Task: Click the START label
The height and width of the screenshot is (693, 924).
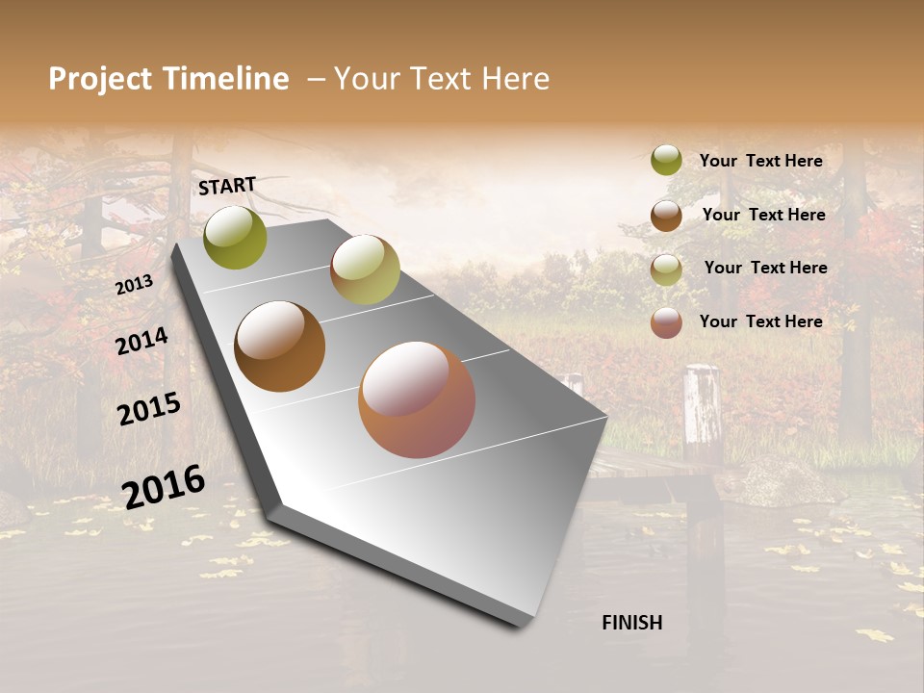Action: (227, 186)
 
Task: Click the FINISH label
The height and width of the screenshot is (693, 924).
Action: (631, 623)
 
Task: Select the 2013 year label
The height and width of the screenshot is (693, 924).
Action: (134, 284)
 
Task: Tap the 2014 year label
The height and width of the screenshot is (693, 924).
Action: (141, 342)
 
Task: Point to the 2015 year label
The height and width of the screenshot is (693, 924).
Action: (149, 409)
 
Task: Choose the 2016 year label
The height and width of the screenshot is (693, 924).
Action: (164, 487)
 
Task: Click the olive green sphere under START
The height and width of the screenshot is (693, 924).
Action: (236, 238)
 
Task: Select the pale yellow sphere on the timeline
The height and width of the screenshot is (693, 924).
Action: (365, 269)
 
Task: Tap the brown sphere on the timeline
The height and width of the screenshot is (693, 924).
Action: (279, 346)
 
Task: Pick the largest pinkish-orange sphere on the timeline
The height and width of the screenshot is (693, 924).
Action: (417, 399)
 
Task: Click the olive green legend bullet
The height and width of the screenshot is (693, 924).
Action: (666, 160)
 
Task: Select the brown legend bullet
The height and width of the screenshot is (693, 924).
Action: (666, 216)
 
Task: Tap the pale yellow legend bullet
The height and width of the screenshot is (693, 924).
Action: (666, 269)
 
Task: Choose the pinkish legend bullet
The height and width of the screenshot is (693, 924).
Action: (666, 322)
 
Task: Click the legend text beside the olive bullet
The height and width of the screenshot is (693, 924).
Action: (760, 161)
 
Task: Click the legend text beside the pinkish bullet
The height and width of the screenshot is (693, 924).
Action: (760, 321)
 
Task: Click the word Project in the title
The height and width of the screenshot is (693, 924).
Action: (99, 79)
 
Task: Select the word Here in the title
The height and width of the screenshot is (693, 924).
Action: (515, 79)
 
